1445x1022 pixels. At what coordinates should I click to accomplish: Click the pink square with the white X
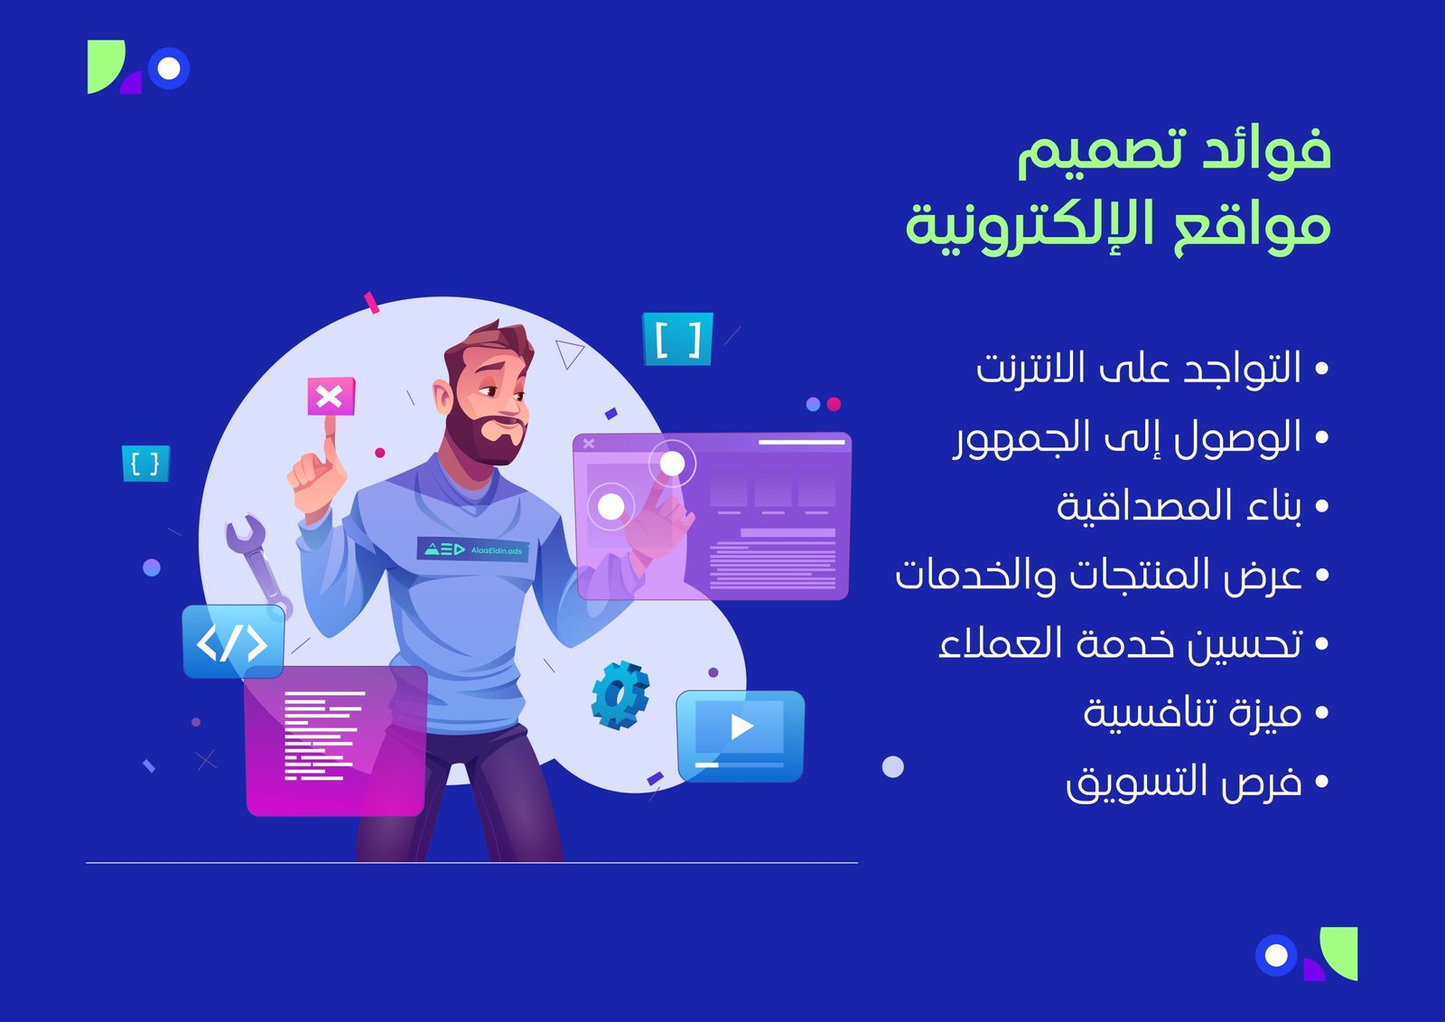tap(331, 396)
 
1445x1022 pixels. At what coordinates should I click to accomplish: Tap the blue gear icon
tap(620, 695)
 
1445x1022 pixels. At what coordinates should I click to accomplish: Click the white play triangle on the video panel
tap(741, 727)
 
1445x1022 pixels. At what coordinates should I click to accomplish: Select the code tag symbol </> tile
tap(233, 642)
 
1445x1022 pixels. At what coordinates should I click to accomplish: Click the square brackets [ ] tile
tap(677, 339)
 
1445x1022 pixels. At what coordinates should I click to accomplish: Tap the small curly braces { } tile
tap(145, 463)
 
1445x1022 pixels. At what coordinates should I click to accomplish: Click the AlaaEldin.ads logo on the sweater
tap(472, 549)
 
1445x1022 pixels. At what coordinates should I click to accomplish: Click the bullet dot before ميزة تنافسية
tap(1321, 713)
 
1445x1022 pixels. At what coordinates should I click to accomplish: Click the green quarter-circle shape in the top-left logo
tap(105, 66)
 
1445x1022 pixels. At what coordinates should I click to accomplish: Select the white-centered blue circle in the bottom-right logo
tap(1276, 955)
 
